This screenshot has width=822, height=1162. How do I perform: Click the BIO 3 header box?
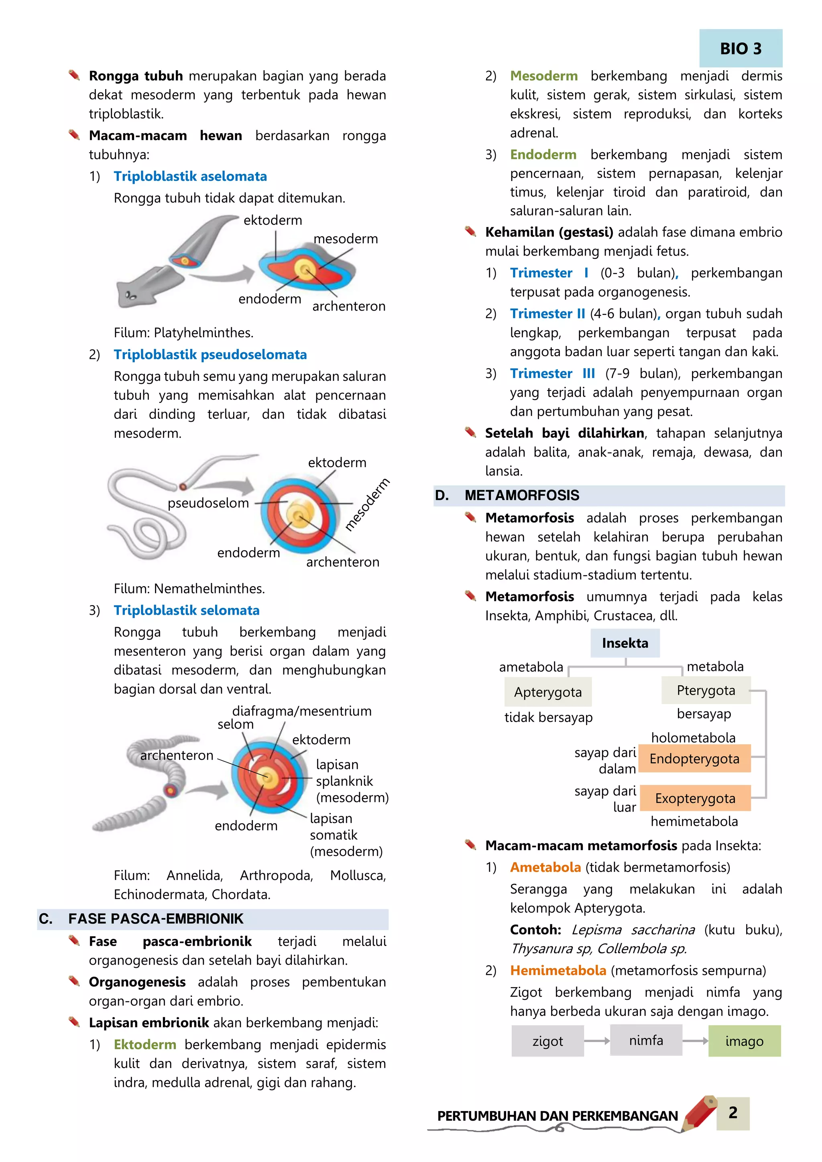coord(741,49)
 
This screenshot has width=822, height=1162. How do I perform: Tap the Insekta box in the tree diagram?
coord(625,643)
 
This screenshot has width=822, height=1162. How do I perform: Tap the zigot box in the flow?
coord(547,1041)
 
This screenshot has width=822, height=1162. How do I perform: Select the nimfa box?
coord(646,1040)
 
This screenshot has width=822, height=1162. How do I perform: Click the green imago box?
coord(744,1041)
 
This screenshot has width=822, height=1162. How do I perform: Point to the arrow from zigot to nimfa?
coord(597,1041)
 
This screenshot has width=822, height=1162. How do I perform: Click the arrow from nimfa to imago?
coord(695,1041)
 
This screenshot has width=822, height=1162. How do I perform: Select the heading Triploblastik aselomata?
coord(190,176)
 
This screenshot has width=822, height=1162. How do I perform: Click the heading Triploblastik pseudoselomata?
coord(210,354)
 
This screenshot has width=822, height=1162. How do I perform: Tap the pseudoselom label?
coord(208,503)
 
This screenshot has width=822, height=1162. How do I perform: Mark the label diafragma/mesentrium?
coord(302,711)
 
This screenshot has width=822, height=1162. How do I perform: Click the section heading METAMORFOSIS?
coord(522,495)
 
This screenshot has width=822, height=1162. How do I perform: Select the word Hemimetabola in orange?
coord(558,970)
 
